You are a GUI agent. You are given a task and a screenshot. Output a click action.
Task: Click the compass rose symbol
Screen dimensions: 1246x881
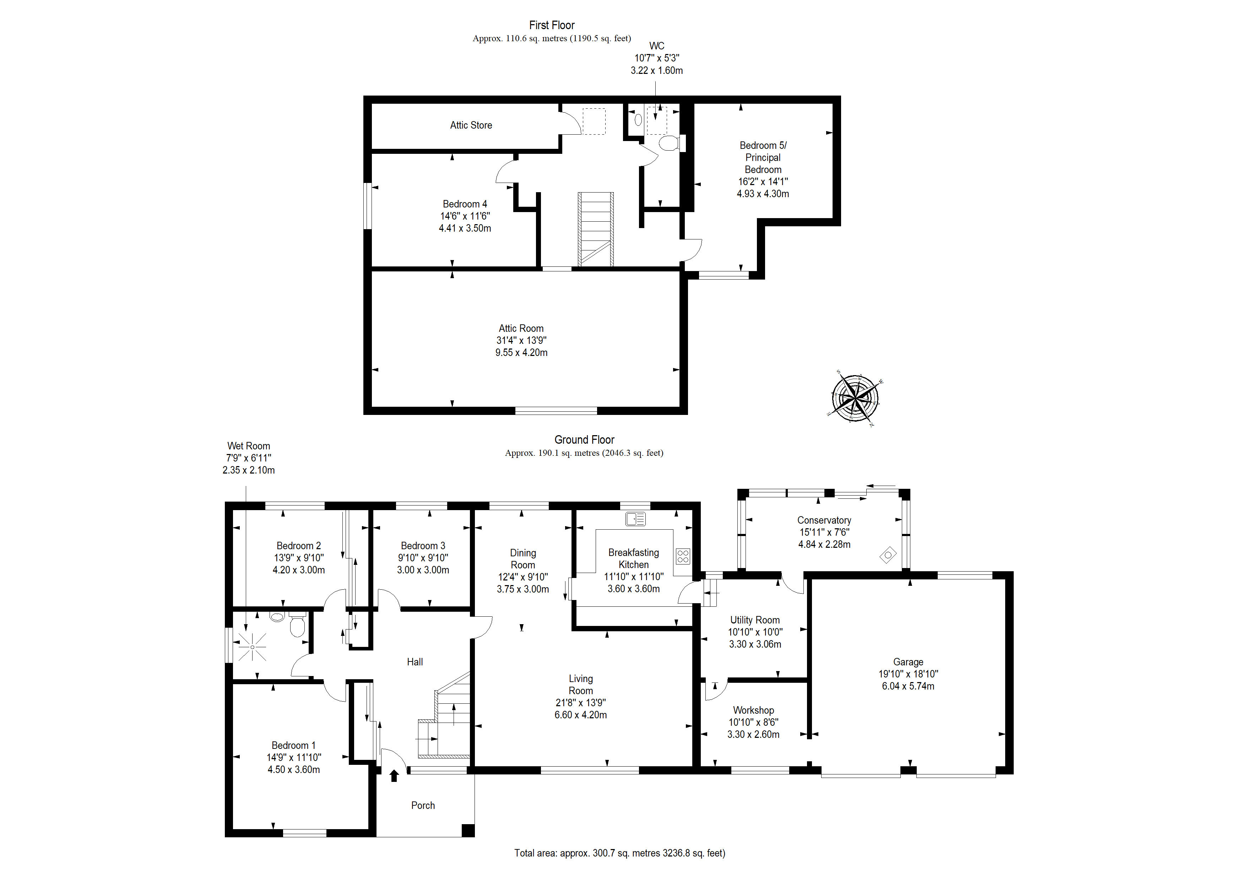click(855, 399)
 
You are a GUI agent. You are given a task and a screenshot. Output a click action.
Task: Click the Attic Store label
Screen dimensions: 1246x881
click(471, 125)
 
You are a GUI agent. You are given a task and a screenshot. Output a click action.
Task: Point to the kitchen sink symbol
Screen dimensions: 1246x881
click(635, 519)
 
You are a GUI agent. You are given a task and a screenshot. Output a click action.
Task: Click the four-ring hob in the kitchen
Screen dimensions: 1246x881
click(683, 556)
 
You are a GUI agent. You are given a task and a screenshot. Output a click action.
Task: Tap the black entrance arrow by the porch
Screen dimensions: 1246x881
click(394, 776)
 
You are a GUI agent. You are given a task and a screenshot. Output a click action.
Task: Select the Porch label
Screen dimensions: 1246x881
click(423, 806)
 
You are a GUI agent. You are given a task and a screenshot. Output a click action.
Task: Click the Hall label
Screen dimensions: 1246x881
click(415, 662)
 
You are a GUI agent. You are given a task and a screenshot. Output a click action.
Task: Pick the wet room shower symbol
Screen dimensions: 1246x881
click(252, 647)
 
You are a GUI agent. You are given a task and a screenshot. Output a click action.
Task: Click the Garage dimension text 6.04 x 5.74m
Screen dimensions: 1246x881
click(908, 686)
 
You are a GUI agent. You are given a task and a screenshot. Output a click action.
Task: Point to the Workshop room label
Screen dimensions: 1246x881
click(753, 710)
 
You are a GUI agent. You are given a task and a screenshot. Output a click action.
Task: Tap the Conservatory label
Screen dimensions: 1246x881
click(824, 520)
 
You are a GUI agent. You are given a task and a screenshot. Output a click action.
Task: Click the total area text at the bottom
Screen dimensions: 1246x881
click(620, 853)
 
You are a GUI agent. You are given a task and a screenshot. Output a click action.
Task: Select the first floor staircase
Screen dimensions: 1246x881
click(596, 229)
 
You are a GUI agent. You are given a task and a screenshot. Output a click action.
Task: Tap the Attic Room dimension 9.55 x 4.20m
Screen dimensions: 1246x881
click(521, 353)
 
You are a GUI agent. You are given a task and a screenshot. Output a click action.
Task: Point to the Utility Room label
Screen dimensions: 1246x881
click(755, 620)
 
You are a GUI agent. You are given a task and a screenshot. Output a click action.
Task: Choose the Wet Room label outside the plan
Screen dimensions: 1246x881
click(249, 446)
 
